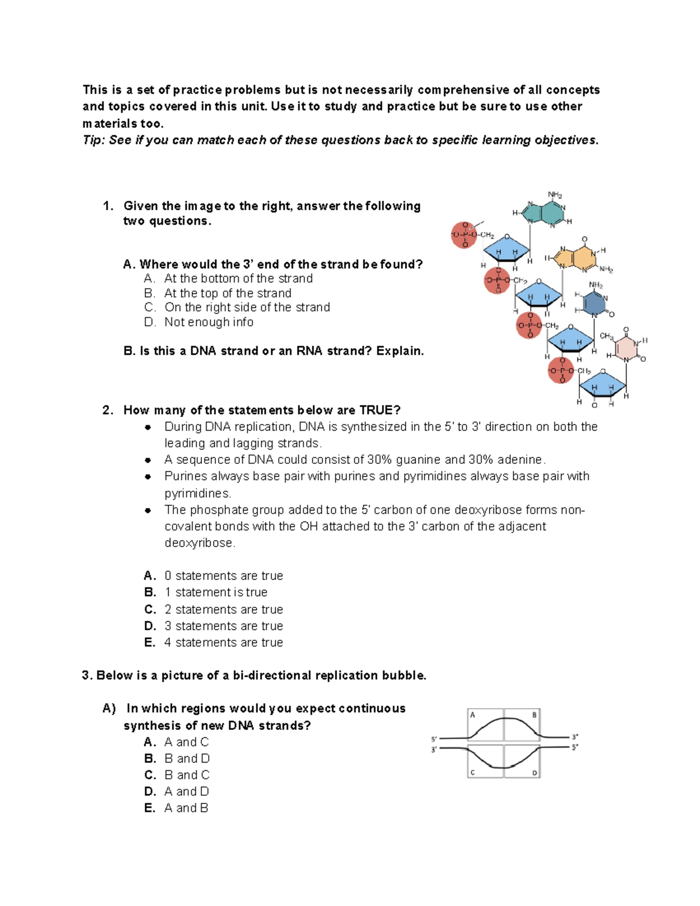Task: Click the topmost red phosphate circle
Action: [464, 235]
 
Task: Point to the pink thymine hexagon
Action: [626, 348]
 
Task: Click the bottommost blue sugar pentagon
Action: [602, 387]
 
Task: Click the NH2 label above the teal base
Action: [555, 195]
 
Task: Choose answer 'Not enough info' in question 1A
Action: [208, 322]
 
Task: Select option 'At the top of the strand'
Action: [228, 293]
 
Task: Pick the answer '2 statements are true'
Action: [223, 610]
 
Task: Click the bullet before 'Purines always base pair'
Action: [148, 477]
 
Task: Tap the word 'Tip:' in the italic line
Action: [93, 140]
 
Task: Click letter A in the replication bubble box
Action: [473, 715]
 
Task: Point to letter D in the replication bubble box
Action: [534, 773]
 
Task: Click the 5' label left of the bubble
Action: [434, 739]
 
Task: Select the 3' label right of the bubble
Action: [575, 737]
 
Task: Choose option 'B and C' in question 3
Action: [187, 775]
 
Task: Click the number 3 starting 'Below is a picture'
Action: [86, 676]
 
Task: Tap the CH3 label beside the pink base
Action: [606, 337]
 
